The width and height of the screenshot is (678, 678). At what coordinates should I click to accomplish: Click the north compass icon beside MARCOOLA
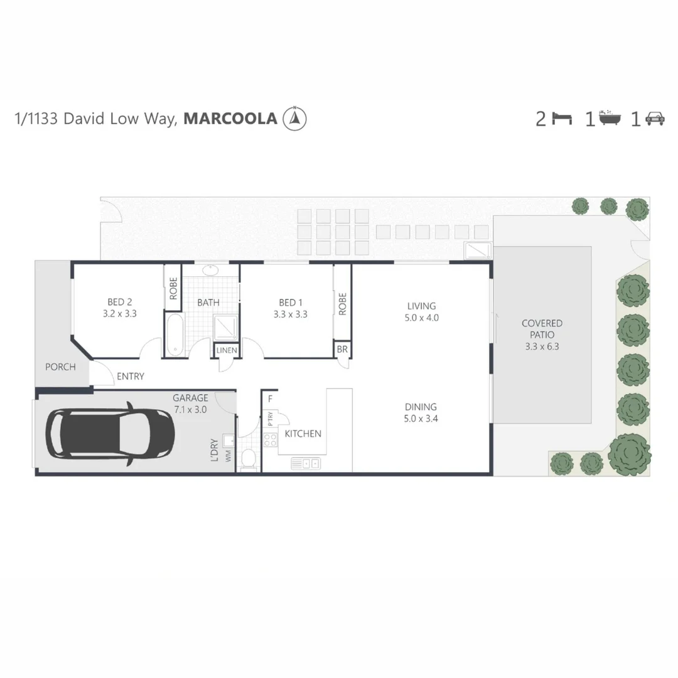[295, 118]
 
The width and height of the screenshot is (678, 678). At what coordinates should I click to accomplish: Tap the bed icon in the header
[562, 118]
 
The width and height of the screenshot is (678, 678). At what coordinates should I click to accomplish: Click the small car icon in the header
[655, 118]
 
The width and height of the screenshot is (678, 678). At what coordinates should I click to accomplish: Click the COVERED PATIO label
[542, 329]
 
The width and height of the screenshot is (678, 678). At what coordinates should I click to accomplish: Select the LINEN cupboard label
[227, 350]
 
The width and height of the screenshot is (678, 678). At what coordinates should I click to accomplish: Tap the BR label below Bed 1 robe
[342, 349]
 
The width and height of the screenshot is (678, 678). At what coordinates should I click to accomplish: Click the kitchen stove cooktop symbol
[271, 439]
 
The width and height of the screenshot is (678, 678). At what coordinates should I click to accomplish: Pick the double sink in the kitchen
[306, 464]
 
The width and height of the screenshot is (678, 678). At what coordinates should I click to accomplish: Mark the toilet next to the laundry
[248, 459]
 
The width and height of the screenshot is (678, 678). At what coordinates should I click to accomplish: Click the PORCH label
[60, 367]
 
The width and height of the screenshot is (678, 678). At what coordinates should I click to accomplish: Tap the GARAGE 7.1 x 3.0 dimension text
[190, 409]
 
